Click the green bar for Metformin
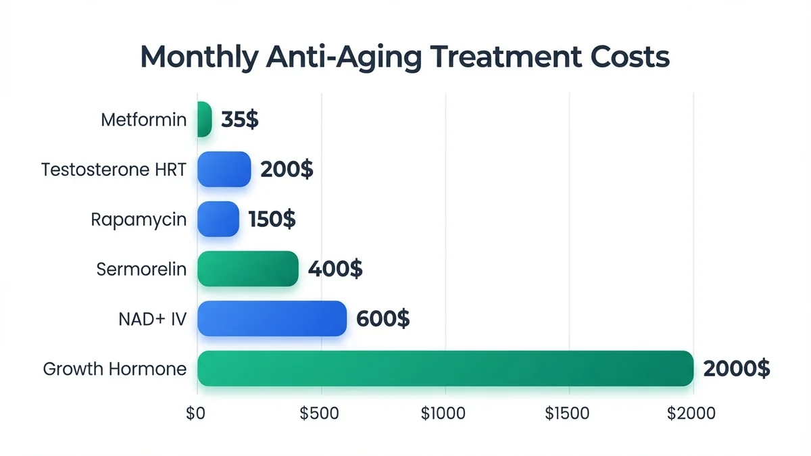(x=205, y=120)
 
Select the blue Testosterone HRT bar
(x=224, y=169)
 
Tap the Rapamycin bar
(x=218, y=219)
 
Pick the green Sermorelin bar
(x=248, y=269)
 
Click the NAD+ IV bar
(x=272, y=319)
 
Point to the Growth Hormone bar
(x=445, y=369)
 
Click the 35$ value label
(x=239, y=120)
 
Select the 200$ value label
(x=287, y=170)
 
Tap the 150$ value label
(x=272, y=220)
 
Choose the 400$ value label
(x=335, y=270)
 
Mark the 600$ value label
(x=383, y=319)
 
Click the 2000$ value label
(x=736, y=369)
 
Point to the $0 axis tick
(x=195, y=413)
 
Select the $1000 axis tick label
(x=443, y=413)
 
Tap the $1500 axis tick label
(x=567, y=413)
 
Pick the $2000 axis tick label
(x=691, y=413)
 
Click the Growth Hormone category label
(x=114, y=370)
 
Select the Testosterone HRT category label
(x=114, y=170)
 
